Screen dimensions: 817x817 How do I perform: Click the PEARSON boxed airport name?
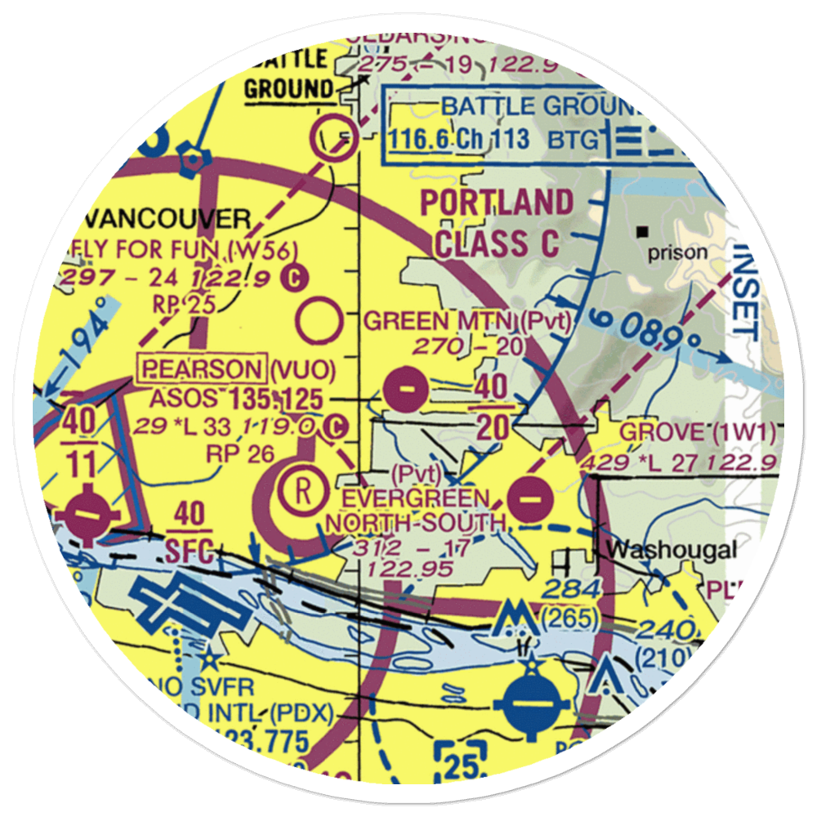click(x=203, y=369)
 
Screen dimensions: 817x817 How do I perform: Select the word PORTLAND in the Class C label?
click(x=497, y=203)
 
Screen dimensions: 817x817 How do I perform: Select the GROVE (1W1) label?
click(x=697, y=432)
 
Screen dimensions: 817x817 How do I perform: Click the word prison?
click(x=677, y=252)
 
